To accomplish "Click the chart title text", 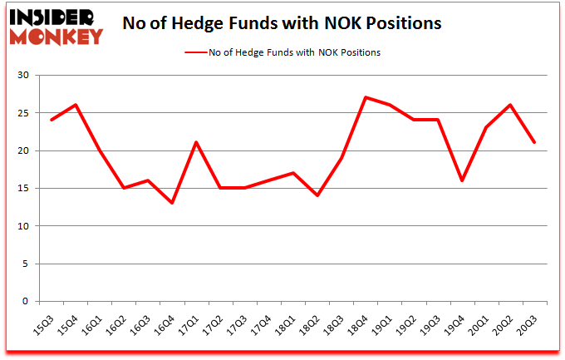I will point(282,22).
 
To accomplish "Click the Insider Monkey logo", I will point(56,25).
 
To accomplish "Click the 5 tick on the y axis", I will point(26,264).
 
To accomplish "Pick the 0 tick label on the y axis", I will point(26,301).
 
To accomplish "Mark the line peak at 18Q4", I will point(365,97).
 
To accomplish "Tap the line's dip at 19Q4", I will point(460,180).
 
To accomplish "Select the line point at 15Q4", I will point(75,105).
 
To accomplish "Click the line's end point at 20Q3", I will point(534,142).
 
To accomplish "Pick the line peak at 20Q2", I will point(509,105).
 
